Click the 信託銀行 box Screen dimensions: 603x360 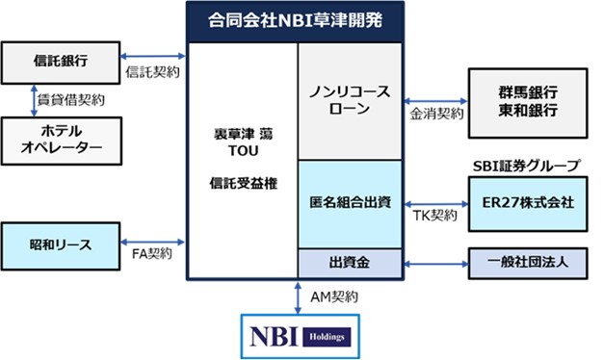(61, 63)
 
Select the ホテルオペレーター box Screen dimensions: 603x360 (62, 141)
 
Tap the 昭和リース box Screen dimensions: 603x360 (61, 245)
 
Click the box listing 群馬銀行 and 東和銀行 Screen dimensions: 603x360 (528, 103)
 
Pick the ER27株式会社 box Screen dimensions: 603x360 (528, 204)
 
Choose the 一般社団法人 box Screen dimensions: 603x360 (528, 263)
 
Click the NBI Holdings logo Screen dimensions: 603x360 (301, 337)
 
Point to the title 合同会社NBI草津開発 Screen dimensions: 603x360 (296, 20)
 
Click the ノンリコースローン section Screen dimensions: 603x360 (350, 101)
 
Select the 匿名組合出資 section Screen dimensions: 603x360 (350, 204)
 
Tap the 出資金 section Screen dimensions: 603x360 (350, 263)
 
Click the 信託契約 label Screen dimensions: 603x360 (152, 72)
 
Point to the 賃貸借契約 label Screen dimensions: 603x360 (70, 100)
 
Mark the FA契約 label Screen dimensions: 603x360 (152, 253)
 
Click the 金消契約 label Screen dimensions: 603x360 (436, 114)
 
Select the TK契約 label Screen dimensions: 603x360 (435, 216)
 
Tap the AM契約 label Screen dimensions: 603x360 (334, 296)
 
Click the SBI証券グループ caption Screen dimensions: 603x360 (526, 166)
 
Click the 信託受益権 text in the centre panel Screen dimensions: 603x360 (244, 183)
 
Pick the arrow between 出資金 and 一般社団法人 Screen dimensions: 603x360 (435, 264)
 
